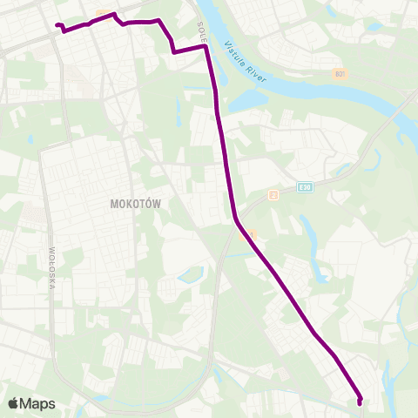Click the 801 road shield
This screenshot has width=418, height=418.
point(340,75)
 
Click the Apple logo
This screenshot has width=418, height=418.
point(13,403)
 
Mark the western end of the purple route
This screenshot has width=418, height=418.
point(57,25)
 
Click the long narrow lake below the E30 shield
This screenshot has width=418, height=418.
point(309,231)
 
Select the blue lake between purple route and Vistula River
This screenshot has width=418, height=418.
point(244,100)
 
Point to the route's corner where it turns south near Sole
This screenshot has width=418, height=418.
point(206,48)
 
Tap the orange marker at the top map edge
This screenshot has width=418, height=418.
point(104,13)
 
